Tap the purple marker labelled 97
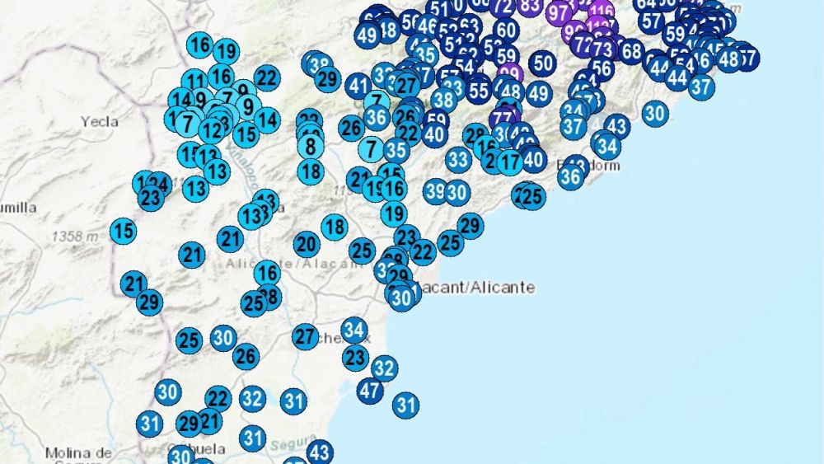point(558,12)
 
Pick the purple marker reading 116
point(602,11)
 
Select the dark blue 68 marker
point(631,51)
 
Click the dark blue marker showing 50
point(542,63)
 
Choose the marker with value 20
point(307,244)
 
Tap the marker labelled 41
point(358,85)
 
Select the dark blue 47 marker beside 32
point(369,390)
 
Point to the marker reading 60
point(506,31)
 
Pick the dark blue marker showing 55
point(478,89)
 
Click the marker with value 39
point(436,191)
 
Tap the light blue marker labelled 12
point(212,129)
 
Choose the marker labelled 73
point(602,49)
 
